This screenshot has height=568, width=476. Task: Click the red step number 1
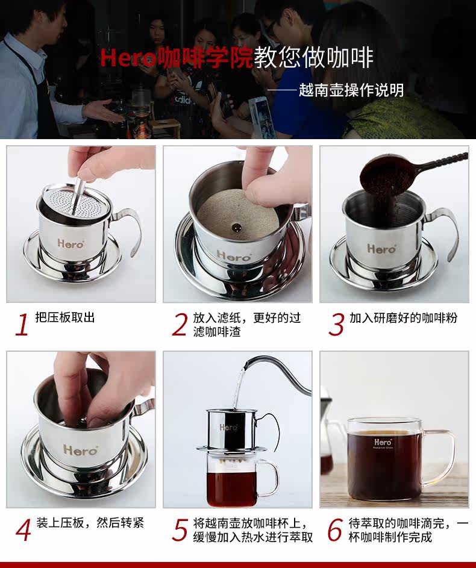point(22,325)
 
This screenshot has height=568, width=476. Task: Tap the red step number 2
point(180,325)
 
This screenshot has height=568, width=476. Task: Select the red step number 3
point(337,325)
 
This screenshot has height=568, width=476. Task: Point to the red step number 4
point(23,530)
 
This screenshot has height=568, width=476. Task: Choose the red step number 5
point(180,530)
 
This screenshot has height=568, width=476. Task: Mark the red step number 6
point(335,529)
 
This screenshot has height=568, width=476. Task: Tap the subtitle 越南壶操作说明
point(351,90)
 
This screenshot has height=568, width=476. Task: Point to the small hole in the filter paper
point(237,228)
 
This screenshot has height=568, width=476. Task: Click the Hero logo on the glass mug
point(383,442)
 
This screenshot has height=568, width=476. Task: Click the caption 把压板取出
point(65,317)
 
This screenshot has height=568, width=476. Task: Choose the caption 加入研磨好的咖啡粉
point(403,317)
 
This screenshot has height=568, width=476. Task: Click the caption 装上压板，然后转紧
point(90,523)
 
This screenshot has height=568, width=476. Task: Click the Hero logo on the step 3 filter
point(381,249)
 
